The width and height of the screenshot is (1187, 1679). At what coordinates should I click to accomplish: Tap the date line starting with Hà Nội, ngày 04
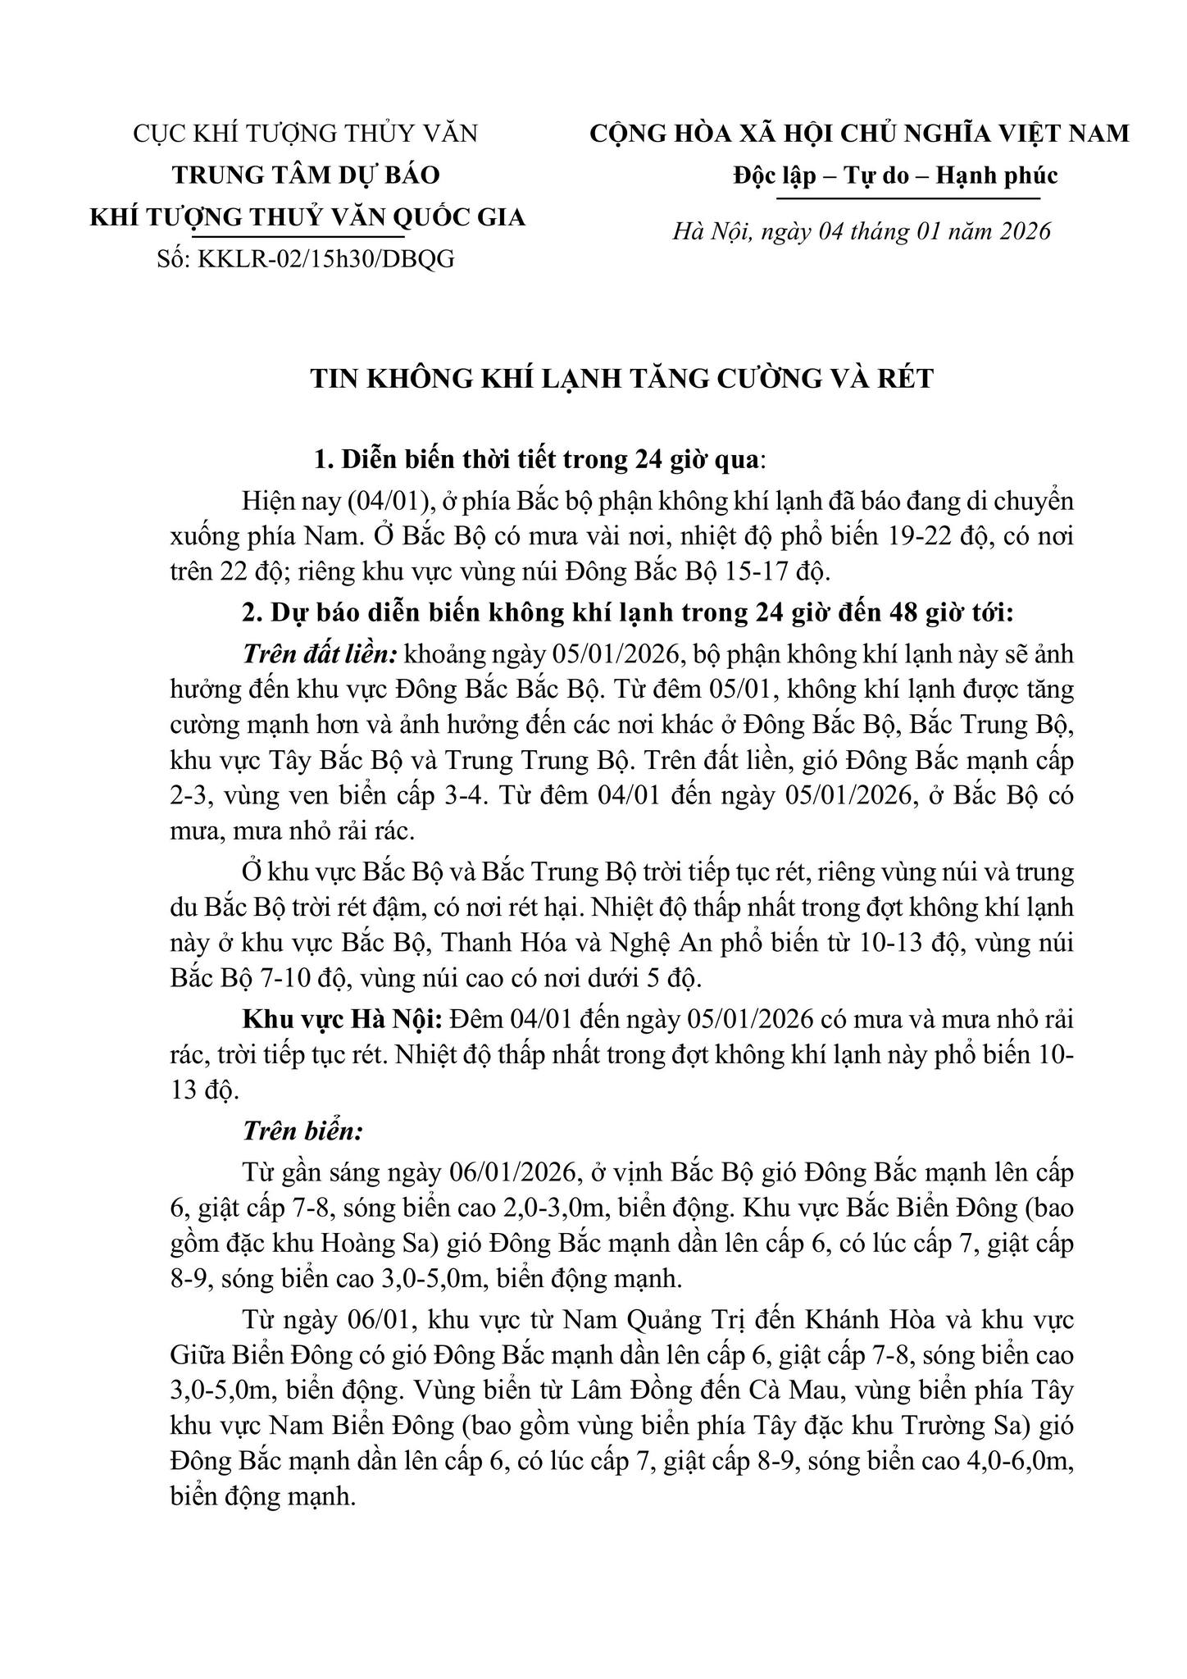(862, 232)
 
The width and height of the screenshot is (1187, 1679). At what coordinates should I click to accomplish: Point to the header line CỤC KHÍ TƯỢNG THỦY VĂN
(306, 133)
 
